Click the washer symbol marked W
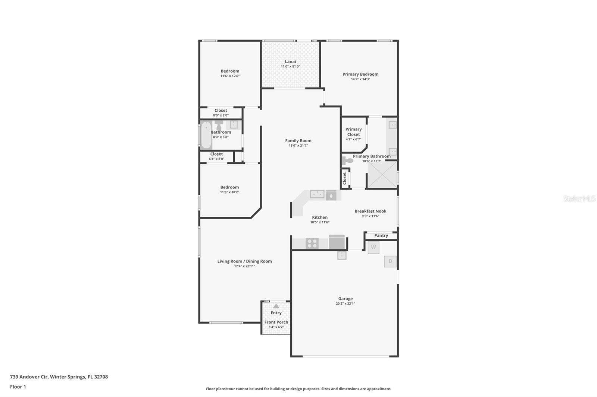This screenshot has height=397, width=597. coord(373,247)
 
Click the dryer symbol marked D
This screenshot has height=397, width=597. coord(390,261)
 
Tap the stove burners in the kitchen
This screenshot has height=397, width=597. coord(312,244)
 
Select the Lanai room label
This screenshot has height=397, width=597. coord(290,61)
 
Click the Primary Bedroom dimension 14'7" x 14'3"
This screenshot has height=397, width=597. coord(360,79)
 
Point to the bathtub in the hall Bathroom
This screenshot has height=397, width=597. coord(206,135)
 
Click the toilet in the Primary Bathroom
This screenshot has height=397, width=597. coord(347,161)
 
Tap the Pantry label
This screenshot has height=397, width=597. coord(381,235)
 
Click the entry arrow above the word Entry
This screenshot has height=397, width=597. coord(276,306)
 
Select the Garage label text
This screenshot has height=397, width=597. coord(345,298)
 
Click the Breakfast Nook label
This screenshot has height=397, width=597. coord(370,211)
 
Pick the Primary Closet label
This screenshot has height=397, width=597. coord(353,132)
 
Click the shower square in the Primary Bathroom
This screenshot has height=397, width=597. coord(382,175)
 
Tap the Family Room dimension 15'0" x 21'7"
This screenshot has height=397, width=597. coord(298,146)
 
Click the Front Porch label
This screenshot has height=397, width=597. coord(276,322)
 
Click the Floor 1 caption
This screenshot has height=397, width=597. coord(18,387)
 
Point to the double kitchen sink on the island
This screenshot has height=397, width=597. coord(317,194)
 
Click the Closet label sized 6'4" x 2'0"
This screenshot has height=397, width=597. coord(216,154)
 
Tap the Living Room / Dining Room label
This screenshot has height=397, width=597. coord(244,261)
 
